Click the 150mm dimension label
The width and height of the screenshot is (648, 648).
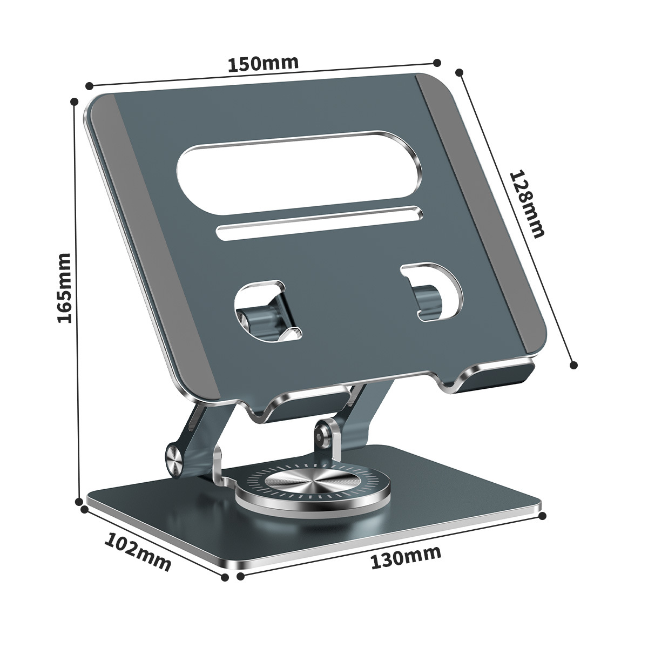(x=263, y=63)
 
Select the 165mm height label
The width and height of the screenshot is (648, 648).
(x=65, y=288)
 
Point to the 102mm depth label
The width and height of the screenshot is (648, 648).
(x=138, y=551)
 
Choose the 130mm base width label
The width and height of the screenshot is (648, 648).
(x=406, y=557)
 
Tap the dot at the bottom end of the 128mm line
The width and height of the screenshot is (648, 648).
(x=574, y=365)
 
